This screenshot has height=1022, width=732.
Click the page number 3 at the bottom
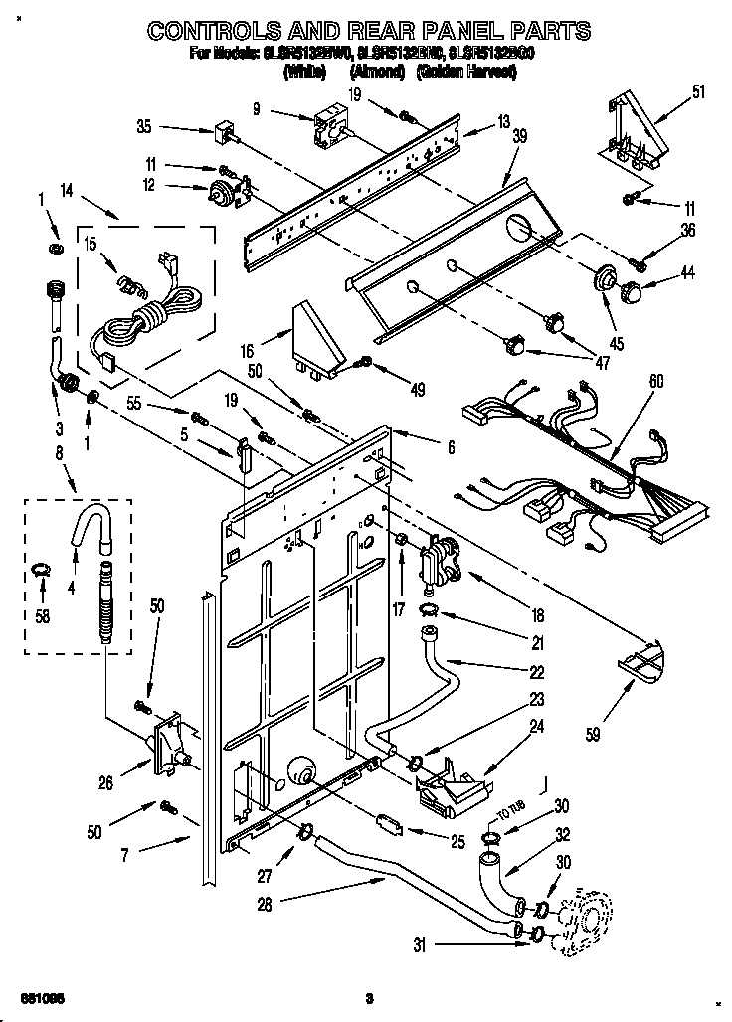point(368,998)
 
